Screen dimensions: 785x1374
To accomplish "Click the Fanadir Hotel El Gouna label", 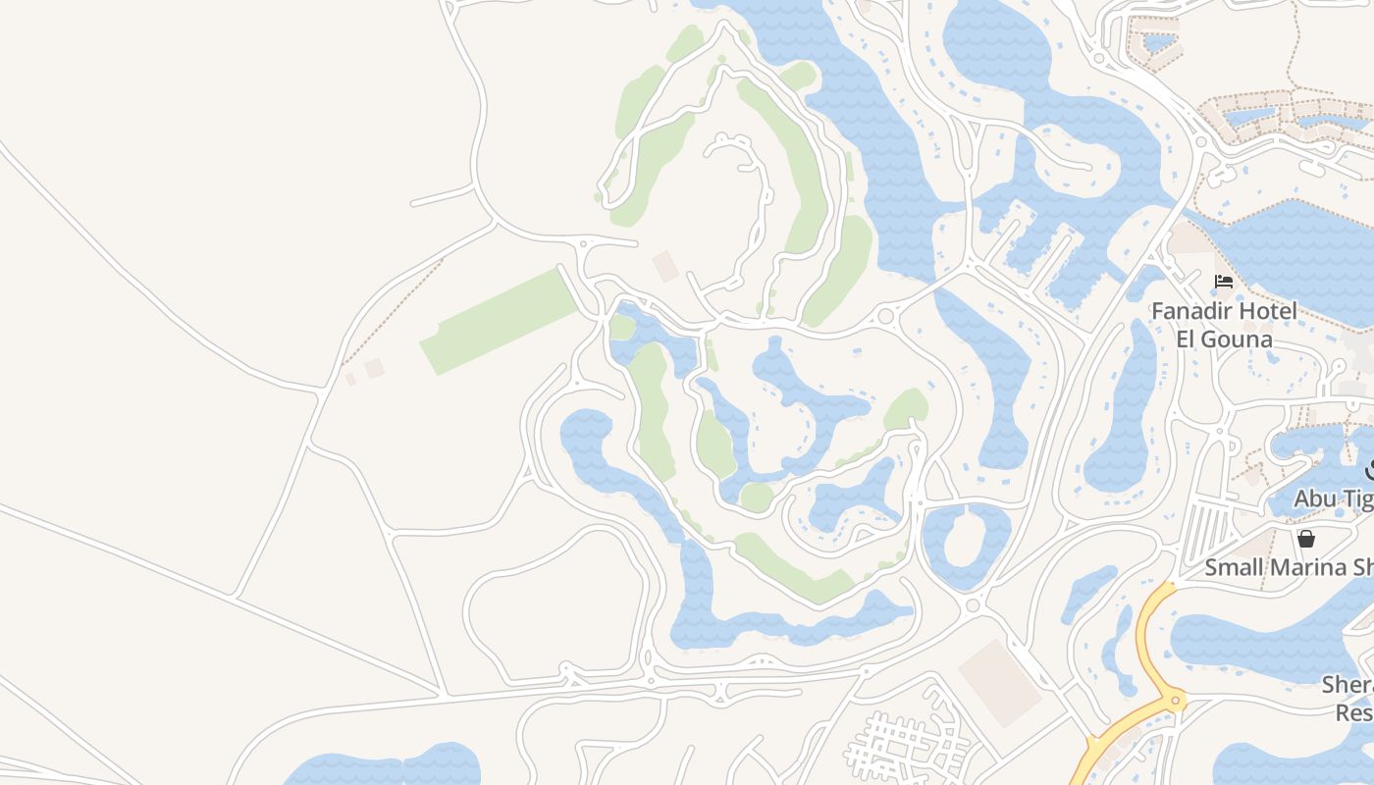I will pos(1224,325).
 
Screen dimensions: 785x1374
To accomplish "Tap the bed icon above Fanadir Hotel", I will pos(1224,282).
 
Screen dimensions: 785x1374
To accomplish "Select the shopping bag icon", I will pos(1306,538).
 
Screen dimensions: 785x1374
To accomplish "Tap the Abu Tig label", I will pos(1333,499).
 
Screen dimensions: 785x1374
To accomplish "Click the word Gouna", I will pos(1240,340).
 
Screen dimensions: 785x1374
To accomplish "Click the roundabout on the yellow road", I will pos(1173,701).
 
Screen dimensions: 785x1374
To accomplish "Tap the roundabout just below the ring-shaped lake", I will pos(973,604).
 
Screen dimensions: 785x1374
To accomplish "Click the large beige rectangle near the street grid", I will pos(999,683).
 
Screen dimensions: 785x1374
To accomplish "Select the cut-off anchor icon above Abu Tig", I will pos(1369,470).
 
